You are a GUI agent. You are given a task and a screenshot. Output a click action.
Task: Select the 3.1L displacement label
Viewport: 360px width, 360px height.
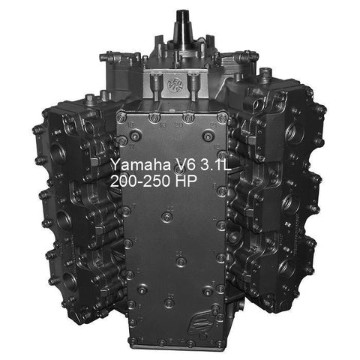pos(216,164)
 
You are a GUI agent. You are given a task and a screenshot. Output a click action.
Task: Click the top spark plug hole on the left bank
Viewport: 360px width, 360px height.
pos(58,153)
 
